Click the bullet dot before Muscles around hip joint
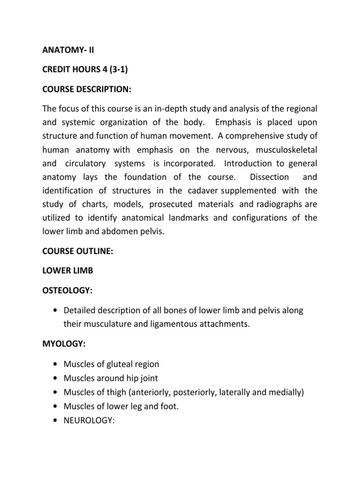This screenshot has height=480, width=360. (56, 378)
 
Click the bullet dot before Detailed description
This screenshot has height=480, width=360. (56, 311)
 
